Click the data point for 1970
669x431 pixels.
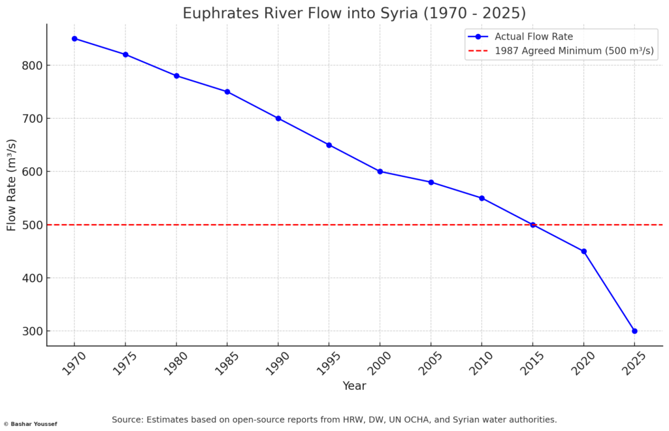pyautogui.click(x=74, y=39)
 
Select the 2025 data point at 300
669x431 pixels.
pyautogui.click(x=634, y=331)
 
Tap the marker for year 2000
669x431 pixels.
pyautogui.click(x=380, y=172)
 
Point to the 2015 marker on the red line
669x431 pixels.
pyautogui.click(x=532, y=225)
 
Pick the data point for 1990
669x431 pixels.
pyautogui.click(x=278, y=118)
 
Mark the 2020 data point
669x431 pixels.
pyautogui.click(x=583, y=251)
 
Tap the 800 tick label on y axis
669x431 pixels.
pyautogui.click(x=31, y=65)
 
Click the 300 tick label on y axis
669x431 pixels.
pyautogui.click(x=31, y=331)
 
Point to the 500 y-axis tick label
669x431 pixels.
pyautogui.click(x=31, y=225)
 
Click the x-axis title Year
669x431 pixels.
pyautogui.click(x=354, y=386)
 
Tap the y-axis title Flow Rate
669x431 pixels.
pyautogui.click(x=12, y=185)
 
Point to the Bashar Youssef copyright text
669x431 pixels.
pyautogui.click(x=30, y=424)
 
